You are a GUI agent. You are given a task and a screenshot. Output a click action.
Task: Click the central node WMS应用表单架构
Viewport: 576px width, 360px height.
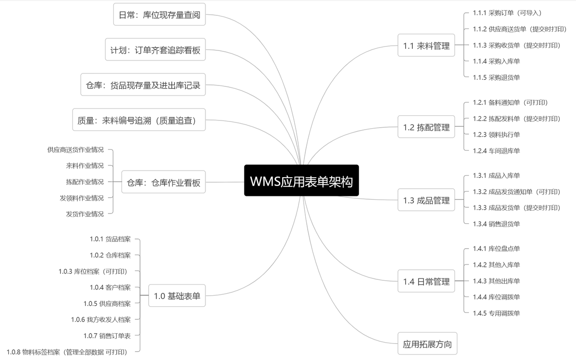(301, 181)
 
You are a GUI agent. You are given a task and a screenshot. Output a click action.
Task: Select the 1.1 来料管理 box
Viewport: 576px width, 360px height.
(426, 46)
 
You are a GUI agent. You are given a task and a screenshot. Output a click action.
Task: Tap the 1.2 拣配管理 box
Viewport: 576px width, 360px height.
(426, 127)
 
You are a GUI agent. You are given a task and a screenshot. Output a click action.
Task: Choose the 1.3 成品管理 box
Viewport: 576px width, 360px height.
(426, 201)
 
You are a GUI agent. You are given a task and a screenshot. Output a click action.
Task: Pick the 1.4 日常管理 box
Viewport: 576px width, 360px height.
(426, 282)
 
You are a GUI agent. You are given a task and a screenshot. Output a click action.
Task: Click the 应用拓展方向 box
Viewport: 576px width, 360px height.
(428, 344)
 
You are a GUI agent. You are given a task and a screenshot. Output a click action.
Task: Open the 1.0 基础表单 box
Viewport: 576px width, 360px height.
(177, 296)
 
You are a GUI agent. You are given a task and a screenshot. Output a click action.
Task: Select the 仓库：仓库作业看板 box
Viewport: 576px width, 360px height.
(163, 182)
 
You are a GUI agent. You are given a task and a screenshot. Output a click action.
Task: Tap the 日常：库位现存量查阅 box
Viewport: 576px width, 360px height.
(159, 15)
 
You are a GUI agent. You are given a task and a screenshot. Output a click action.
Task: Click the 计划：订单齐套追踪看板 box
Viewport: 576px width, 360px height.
(156, 50)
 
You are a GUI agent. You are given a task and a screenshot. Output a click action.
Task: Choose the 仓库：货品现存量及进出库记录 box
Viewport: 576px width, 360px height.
(143, 85)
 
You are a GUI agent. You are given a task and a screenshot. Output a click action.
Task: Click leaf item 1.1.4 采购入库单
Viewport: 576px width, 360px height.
(496, 61)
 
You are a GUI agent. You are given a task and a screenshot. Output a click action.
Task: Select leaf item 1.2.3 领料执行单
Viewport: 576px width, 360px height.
(496, 135)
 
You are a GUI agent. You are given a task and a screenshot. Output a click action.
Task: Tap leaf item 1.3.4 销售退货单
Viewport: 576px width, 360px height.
(496, 224)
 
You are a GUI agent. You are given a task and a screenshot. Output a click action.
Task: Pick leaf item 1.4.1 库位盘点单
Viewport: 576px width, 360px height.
(496, 249)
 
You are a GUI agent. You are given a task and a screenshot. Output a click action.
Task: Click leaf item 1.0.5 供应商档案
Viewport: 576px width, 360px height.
(107, 303)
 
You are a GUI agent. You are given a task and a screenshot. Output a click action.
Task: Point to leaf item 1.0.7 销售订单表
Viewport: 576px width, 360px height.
(107, 336)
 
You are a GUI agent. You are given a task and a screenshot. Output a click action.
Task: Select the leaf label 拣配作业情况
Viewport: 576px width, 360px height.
(85, 182)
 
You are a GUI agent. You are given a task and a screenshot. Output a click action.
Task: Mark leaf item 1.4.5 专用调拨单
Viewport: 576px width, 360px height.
(496, 313)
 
